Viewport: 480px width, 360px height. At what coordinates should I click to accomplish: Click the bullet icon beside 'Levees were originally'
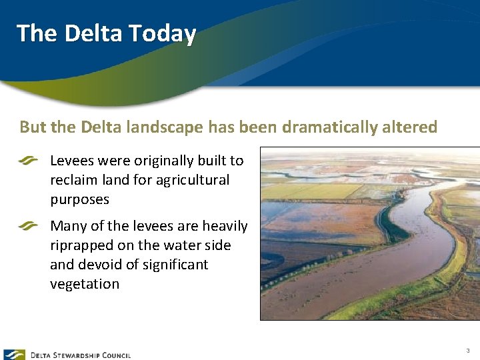pyautogui.click(x=29, y=161)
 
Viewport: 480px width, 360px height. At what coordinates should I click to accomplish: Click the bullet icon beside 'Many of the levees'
pyautogui.click(x=29, y=226)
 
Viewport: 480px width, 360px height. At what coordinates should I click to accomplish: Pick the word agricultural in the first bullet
pyautogui.click(x=193, y=180)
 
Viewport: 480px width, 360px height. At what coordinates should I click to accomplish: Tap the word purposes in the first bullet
pyautogui.click(x=79, y=199)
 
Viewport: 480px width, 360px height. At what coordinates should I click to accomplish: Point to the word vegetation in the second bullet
pyautogui.click(x=85, y=284)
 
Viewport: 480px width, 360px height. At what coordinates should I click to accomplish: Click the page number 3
pyautogui.click(x=468, y=351)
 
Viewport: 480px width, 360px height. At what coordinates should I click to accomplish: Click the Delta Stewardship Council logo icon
pyautogui.click(x=14, y=355)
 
